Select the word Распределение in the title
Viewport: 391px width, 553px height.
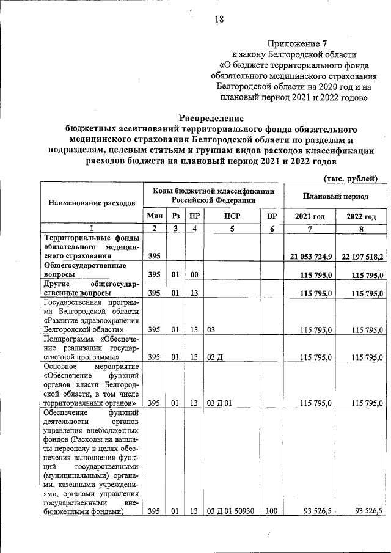tap(211, 118)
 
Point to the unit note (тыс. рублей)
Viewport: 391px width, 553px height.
tap(350, 178)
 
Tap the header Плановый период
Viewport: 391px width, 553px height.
tap(335, 197)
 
